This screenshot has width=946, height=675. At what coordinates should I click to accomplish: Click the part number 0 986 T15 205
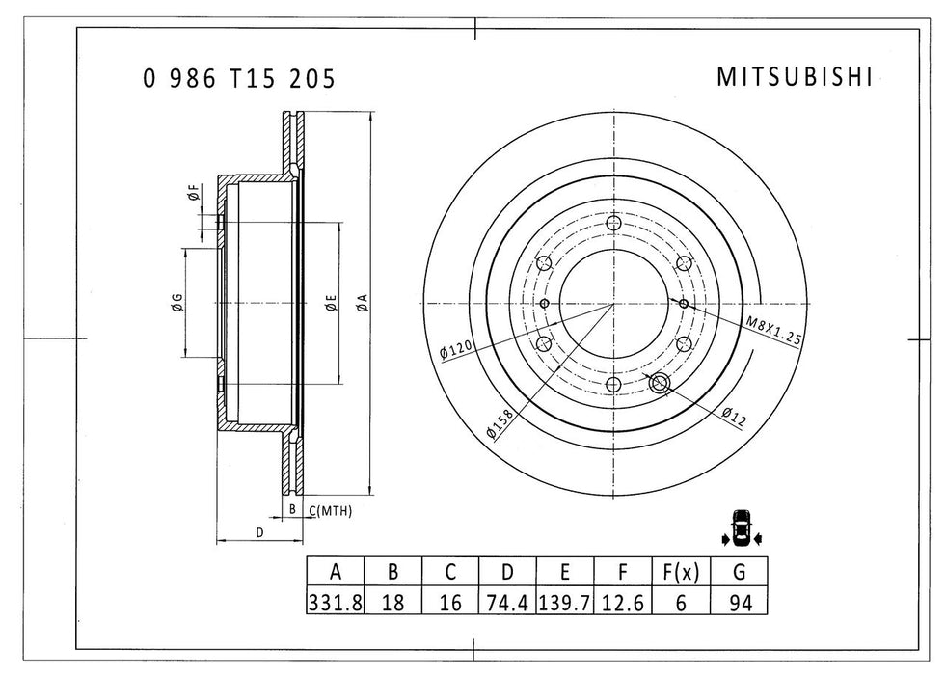coord(239,79)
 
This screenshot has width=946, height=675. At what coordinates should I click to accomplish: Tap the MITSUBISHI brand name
coord(795,78)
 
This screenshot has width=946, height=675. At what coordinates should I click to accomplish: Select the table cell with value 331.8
coord(335,604)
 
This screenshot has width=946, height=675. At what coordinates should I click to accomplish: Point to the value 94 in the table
coord(739,604)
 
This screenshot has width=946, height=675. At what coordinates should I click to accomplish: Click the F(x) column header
coord(681,572)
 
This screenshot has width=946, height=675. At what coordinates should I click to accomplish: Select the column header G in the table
coord(739,572)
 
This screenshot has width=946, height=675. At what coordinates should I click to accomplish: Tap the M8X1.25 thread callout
coord(773,330)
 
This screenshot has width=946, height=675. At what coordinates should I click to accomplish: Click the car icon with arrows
coord(741,526)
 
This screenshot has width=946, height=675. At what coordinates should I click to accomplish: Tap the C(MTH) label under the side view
coord(331,508)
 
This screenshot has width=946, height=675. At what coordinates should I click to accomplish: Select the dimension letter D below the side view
coord(258,531)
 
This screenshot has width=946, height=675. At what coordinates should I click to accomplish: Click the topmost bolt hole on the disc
coord(614,224)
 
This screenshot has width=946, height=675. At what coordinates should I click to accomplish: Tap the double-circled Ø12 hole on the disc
coord(661,383)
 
